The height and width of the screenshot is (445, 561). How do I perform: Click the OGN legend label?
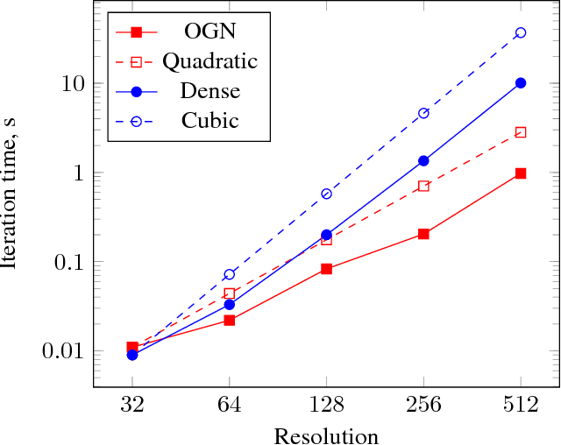coord(209,32)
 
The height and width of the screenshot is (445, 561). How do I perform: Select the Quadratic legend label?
coord(209,61)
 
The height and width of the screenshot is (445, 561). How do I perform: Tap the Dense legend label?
coord(209,91)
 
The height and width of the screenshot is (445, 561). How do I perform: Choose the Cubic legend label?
coord(209,120)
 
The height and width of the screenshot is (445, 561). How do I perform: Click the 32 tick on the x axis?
coord(132,406)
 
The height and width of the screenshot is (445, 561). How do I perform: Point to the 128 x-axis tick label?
coord(326,406)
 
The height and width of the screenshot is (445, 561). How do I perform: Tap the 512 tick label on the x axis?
coord(521,406)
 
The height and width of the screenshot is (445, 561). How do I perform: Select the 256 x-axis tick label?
coord(423,406)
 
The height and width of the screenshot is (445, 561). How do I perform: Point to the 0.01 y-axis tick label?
coord(60,351)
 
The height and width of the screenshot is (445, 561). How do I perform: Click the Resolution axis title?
coord(326,435)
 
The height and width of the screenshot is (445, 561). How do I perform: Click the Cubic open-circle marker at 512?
coord(521,32)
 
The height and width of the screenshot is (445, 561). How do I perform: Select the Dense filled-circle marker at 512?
coord(521,82)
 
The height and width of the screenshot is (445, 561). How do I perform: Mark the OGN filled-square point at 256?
coord(423,234)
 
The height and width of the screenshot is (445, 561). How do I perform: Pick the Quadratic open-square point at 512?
coord(521,132)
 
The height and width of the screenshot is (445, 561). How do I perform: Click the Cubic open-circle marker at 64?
coord(230,274)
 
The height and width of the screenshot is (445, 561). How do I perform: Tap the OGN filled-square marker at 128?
coord(326,269)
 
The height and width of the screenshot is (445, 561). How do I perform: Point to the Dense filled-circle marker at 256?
coord(423,160)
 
